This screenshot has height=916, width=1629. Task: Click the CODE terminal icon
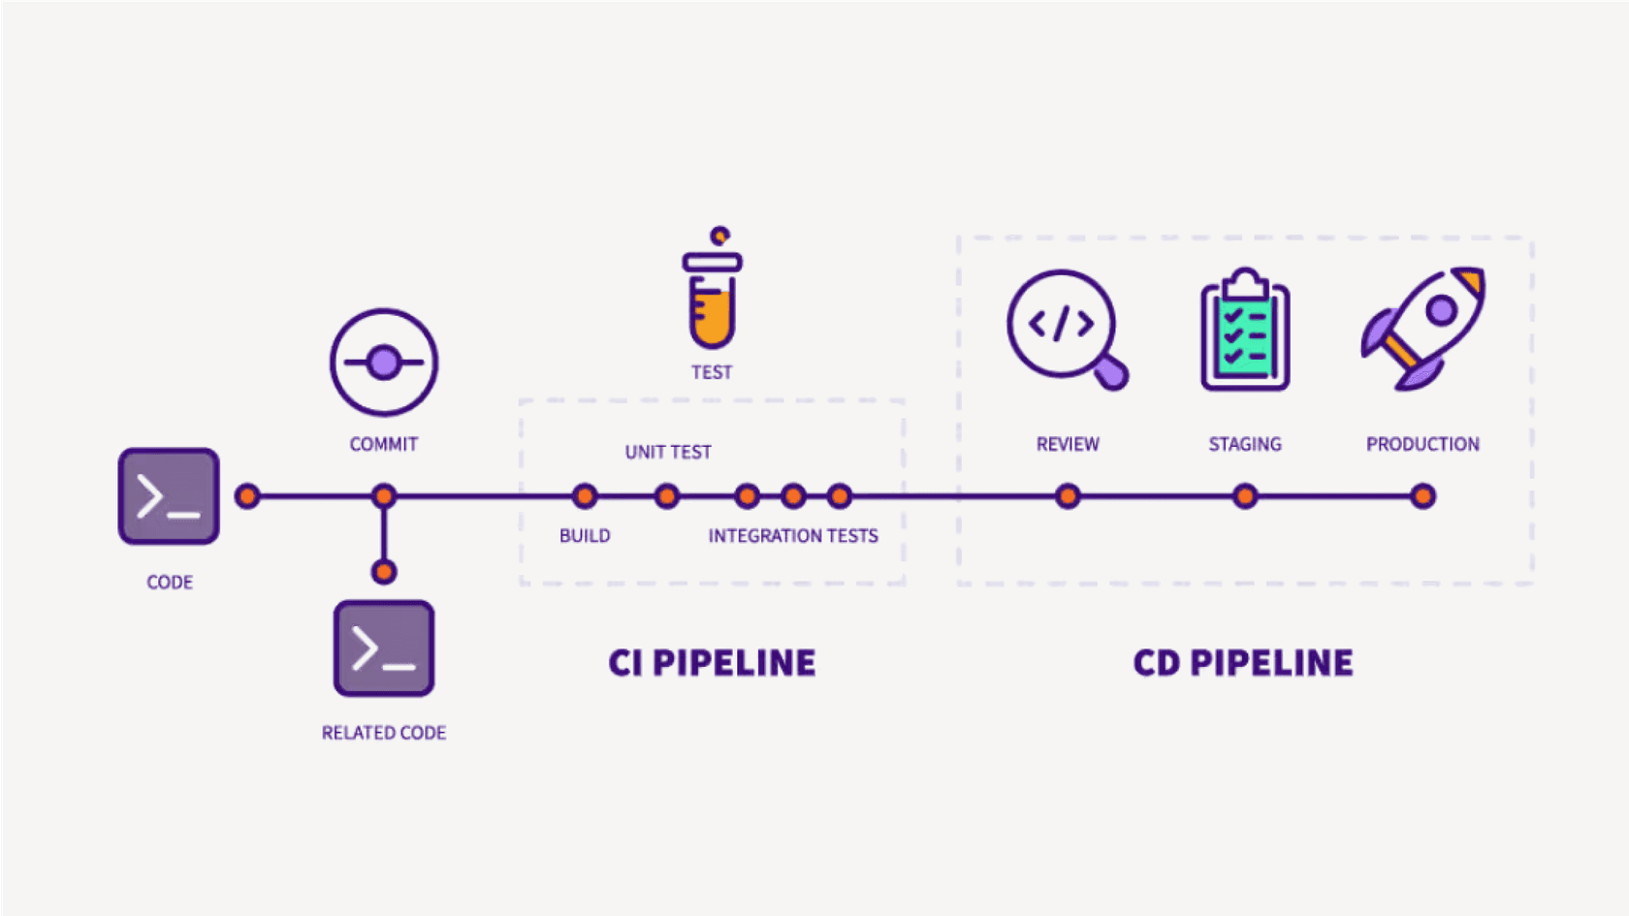click(x=169, y=496)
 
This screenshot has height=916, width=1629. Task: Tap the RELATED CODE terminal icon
click(x=384, y=648)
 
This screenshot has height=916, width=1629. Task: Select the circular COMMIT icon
click(x=384, y=363)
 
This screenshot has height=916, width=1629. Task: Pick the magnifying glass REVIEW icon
click(x=1066, y=329)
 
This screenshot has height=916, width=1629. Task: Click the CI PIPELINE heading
click(x=712, y=663)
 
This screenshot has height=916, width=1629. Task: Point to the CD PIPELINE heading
click(x=1243, y=663)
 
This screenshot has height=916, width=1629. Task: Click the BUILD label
click(x=585, y=536)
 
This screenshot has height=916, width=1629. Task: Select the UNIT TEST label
click(x=668, y=452)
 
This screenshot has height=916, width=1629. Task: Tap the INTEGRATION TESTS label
click(x=793, y=536)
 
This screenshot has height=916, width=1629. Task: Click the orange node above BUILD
click(x=585, y=496)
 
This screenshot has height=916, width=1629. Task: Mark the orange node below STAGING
click(x=1245, y=496)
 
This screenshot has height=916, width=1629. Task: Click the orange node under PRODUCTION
click(x=1422, y=496)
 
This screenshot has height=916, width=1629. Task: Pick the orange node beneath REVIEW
click(x=1068, y=496)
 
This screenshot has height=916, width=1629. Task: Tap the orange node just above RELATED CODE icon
click(x=384, y=572)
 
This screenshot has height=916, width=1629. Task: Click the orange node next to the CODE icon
click(x=247, y=496)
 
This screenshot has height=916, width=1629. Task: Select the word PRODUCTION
click(x=1422, y=444)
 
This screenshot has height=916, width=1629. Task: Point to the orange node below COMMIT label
click(x=384, y=496)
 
